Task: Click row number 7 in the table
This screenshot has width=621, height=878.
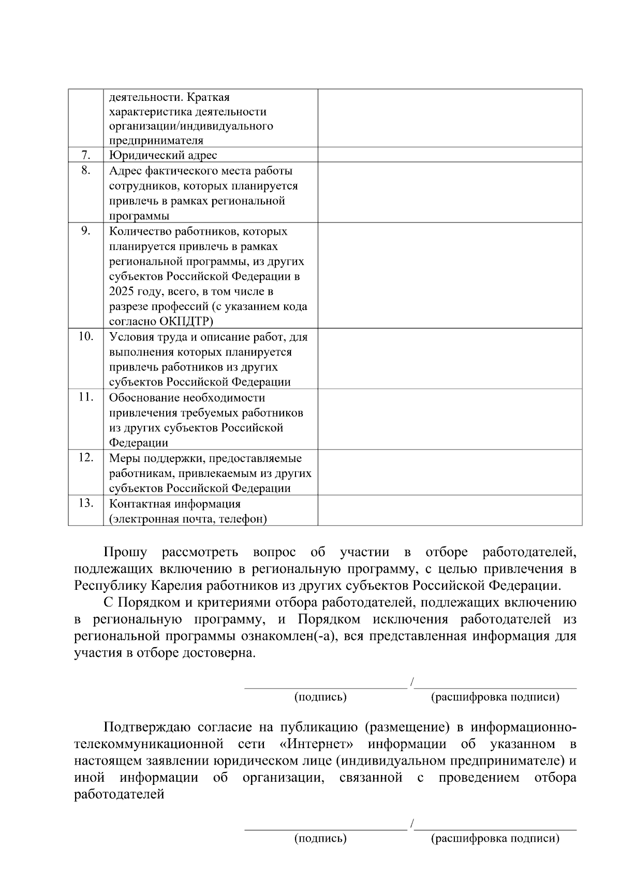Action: pyautogui.click(x=86, y=155)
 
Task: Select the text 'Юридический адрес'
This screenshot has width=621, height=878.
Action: pyautogui.click(x=163, y=155)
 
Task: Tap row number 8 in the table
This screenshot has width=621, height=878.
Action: pyautogui.click(x=86, y=170)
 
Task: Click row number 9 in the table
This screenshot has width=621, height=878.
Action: pyautogui.click(x=86, y=231)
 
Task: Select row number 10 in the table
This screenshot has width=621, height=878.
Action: pyautogui.click(x=86, y=336)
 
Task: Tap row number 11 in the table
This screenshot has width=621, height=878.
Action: pyautogui.click(x=86, y=397)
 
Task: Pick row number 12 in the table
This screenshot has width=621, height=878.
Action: pyautogui.click(x=86, y=457)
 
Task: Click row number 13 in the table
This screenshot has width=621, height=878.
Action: pyautogui.click(x=86, y=503)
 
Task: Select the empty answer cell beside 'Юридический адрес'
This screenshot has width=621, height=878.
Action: pyautogui.click(x=450, y=155)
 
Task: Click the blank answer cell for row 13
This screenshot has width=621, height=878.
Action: pyautogui.click(x=450, y=511)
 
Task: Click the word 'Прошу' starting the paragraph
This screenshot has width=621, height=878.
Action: pyautogui.click(x=125, y=553)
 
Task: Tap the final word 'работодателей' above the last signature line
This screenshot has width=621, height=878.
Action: pyautogui.click(x=119, y=794)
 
